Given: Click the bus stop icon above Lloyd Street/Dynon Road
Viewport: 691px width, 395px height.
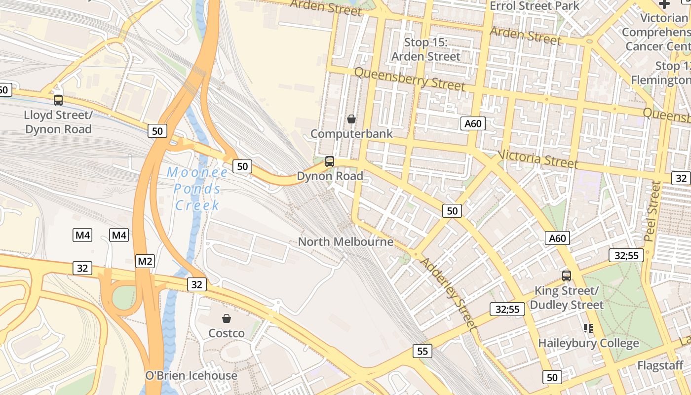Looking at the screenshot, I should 58,100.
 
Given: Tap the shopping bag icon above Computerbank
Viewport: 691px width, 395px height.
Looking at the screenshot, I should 351,119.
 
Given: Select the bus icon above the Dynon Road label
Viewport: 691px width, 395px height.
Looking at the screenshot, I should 330,161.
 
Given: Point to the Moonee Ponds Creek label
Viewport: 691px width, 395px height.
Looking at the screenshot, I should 197,189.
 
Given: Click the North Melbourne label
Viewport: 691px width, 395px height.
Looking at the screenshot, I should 345,242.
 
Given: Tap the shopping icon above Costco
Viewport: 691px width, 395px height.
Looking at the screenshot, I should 227,318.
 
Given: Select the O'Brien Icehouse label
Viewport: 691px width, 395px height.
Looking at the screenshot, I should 191,376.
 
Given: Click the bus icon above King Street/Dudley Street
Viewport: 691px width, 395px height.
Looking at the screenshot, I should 567,276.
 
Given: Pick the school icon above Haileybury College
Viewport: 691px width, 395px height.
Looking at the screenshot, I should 588,328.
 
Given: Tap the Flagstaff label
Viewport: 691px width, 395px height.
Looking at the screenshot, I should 660,366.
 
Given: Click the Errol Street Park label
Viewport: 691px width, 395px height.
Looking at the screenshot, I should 535,6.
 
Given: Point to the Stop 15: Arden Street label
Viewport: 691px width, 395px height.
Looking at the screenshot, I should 425,49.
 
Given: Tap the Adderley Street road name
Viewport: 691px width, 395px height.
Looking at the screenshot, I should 448,293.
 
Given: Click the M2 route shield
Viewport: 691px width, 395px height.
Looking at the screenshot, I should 145,261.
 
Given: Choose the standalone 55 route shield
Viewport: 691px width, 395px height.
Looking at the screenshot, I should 422,351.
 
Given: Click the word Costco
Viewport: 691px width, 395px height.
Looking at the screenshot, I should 227,333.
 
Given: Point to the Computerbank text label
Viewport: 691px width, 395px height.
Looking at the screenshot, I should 351,134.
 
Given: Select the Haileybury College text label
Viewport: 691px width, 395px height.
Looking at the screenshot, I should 588,343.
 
